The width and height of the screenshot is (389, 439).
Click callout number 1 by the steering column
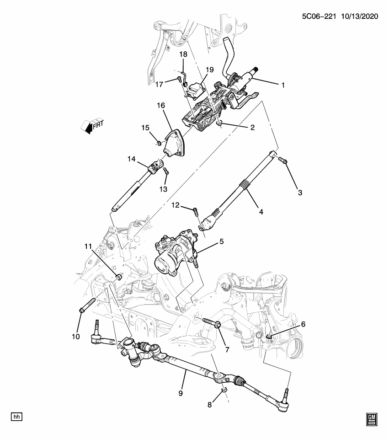(283, 85)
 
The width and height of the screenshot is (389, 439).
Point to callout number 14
(132, 159)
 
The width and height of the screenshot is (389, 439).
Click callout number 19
(209, 70)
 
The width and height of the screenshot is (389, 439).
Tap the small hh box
(17, 417)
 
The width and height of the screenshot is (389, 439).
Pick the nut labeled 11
(119, 276)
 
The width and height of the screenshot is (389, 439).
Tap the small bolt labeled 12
(195, 212)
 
